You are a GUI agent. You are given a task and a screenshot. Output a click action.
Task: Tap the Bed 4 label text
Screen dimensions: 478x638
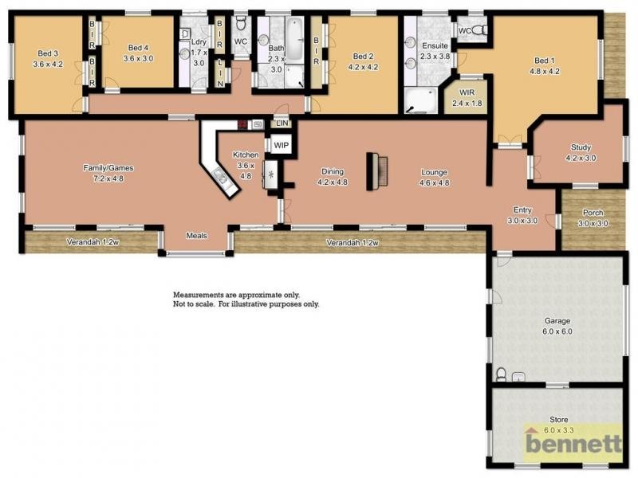tap(138, 53)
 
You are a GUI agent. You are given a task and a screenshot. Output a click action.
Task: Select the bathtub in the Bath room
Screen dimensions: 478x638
tap(294, 41)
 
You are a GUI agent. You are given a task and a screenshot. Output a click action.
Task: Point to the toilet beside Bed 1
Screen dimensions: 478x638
tap(478, 29)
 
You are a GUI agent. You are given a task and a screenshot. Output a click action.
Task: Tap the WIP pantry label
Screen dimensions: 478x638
tap(280, 146)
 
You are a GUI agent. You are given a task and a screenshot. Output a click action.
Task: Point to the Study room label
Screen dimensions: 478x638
tap(580, 152)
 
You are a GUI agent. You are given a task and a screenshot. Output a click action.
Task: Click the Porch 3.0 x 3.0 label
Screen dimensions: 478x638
tap(593, 218)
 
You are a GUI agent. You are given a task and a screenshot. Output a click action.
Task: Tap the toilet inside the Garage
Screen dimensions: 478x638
tap(501, 374)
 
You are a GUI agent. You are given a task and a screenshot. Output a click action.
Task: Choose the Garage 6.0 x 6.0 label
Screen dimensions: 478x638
tap(557, 326)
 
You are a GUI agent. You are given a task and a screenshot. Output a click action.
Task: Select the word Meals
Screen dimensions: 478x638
tap(196, 235)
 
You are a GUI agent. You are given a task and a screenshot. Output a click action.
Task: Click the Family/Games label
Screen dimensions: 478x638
tap(108, 173)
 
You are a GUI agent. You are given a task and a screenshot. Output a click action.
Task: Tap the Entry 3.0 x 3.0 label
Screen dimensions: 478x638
tap(524, 215)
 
